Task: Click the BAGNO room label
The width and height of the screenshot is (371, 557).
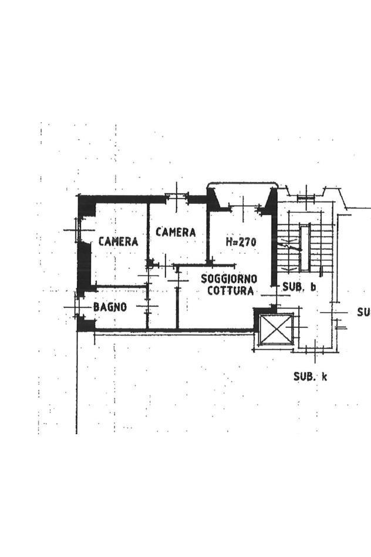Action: click(x=110, y=307)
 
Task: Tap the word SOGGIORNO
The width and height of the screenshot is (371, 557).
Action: click(x=229, y=278)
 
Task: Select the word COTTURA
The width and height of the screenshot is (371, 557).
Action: click(x=231, y=291)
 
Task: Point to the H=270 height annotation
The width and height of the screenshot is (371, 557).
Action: click(x=241, y=242)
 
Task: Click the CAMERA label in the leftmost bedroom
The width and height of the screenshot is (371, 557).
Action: click(x=118, y=241)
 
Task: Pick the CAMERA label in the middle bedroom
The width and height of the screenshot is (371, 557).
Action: click(x=176, y=232)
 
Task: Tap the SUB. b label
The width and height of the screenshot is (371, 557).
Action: click(x=299, y=287)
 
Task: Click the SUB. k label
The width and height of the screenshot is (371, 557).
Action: click(x=311, y=377)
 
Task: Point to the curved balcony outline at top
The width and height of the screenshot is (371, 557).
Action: click(x=242, y=183)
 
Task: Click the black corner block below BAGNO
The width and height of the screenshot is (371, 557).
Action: click(x=86, y=324)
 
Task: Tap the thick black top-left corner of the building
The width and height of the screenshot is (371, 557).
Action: click(x=87, y=205)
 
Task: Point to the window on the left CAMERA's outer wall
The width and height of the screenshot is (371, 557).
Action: click(x=78, y=230)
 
